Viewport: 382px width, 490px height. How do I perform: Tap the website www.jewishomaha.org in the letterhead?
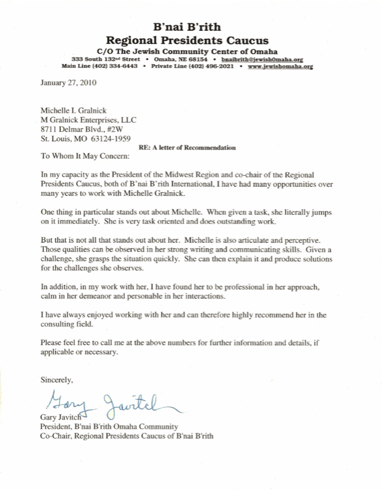point(280,66)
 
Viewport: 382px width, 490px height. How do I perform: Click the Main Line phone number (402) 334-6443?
point(117,66)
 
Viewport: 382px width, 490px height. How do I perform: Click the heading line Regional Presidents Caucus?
point(187,40)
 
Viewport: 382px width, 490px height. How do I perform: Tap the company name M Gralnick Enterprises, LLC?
point(88,119)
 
